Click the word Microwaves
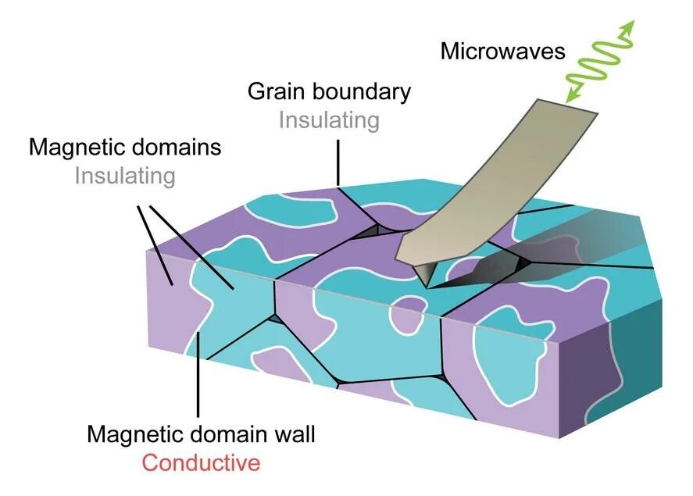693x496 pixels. tap(502, 52)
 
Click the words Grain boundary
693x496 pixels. tap(329, 91)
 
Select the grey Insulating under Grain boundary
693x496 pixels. tap(329, 120)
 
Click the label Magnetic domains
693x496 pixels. tap(125, 147)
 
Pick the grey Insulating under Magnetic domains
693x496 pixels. tap(125, 176)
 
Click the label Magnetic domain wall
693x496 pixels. tap(201, 434)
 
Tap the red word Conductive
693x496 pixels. tap(201, 462)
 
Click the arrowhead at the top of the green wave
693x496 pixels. tap(627, 28)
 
